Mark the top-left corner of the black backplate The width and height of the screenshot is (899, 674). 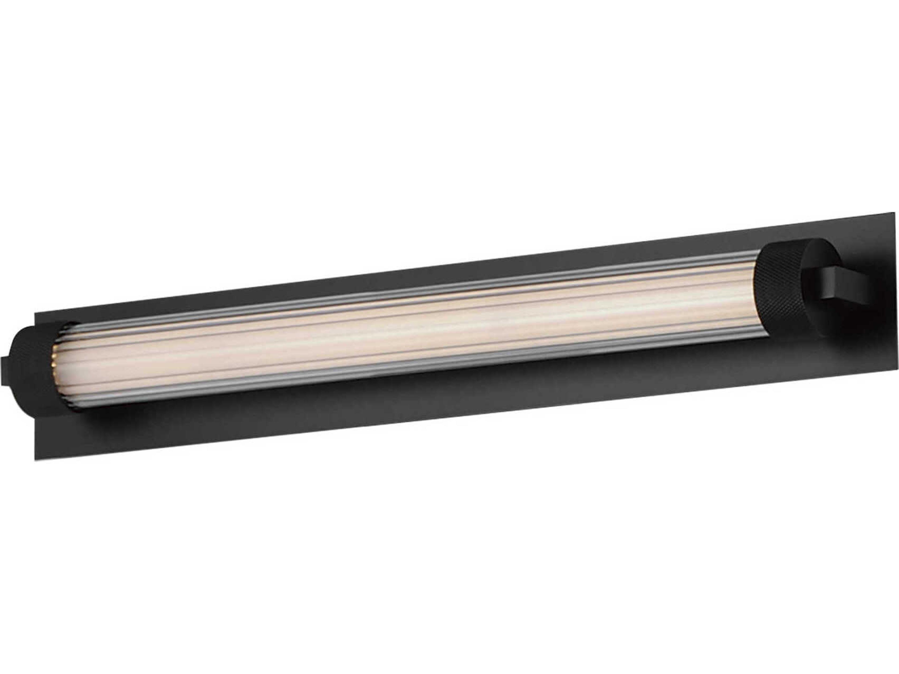click(35, 313)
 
